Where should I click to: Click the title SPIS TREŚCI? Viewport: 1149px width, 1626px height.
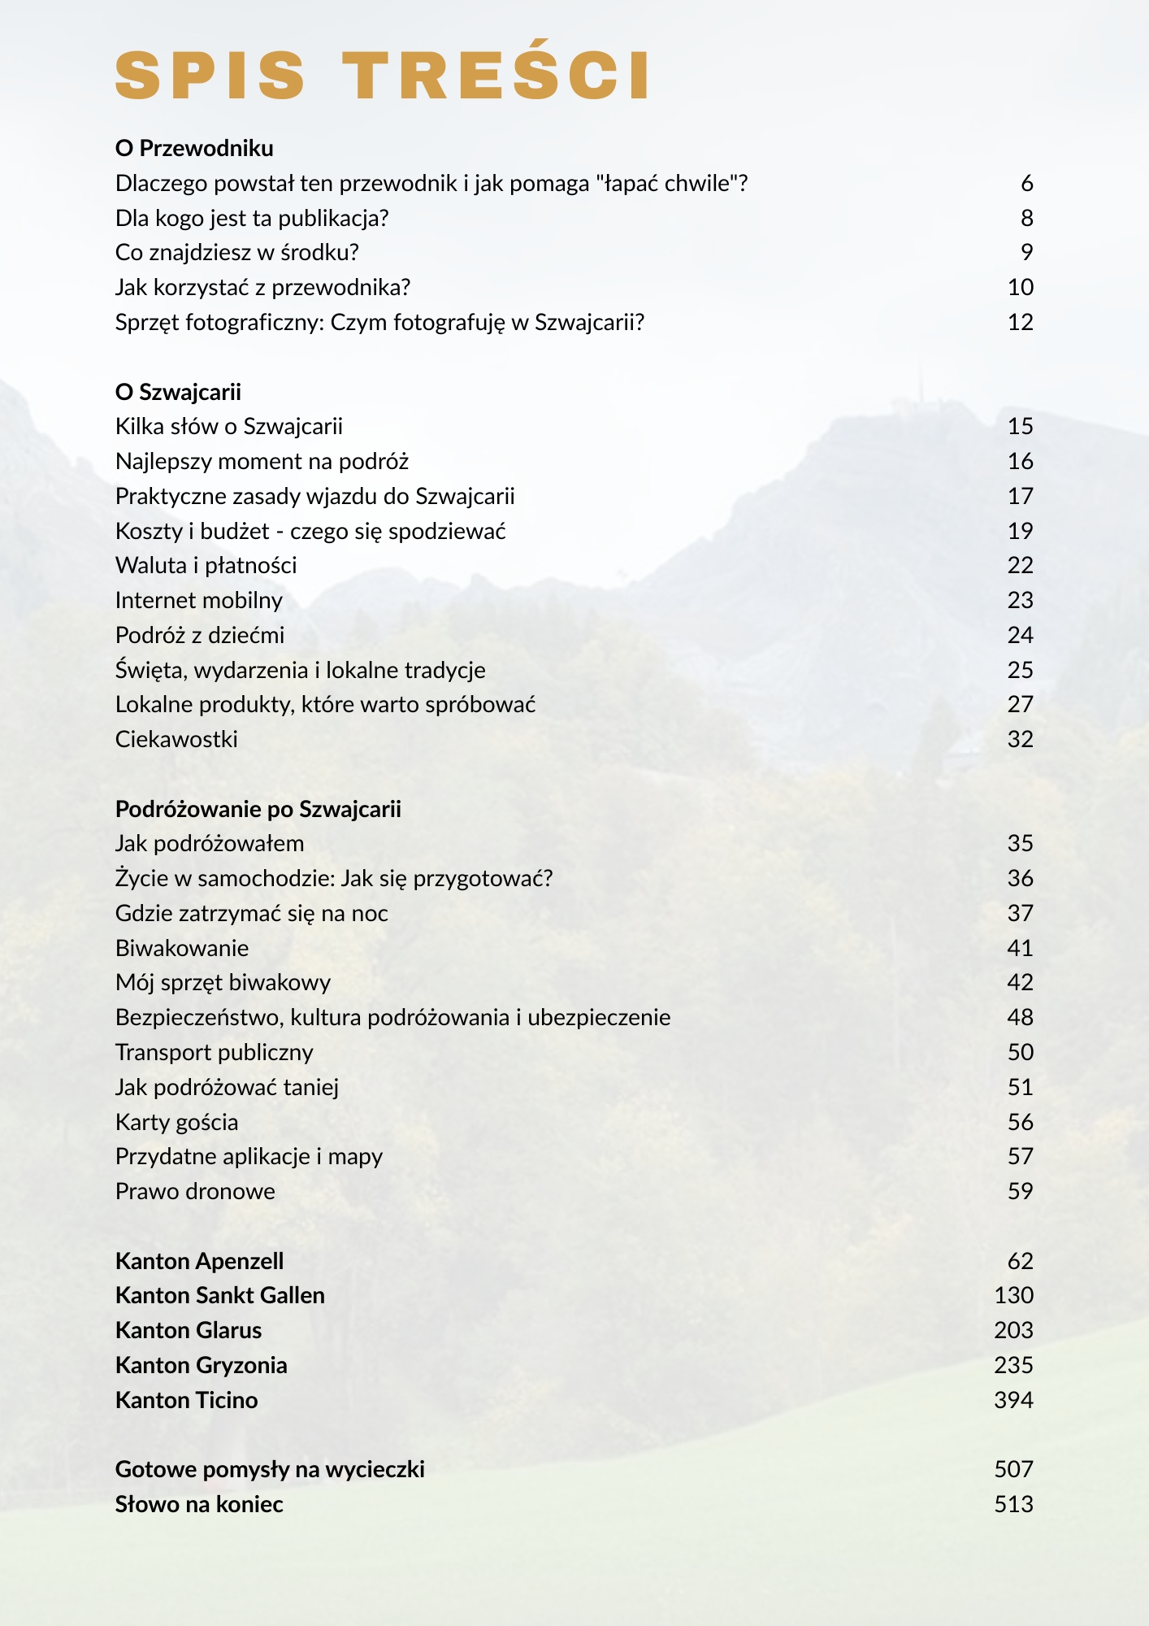(x=382, y=75)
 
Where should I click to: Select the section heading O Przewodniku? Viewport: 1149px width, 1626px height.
(x=194, y=148)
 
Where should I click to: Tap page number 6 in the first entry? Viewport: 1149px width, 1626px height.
(x=1026, y=184)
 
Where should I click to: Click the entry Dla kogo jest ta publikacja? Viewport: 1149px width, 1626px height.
(x=252, y=218)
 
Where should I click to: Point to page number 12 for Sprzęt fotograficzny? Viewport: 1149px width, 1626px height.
(x=1020, y=323)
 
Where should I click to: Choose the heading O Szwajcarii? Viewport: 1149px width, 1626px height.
(x=178, y=392)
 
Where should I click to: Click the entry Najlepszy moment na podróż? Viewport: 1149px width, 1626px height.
(x=262, y=462)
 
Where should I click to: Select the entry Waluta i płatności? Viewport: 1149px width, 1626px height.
(x=206, y=566)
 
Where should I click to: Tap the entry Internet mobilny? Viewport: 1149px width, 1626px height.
(x=199, y=601)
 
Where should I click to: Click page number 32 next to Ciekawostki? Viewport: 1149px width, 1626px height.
(x=1020, y=740)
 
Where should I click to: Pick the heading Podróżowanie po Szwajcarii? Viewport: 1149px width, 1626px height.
(x=258, y=809)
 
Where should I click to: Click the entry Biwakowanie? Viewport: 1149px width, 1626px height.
(x=182, y=948)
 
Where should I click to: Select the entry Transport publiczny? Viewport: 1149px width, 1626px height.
(x=214, y=1053)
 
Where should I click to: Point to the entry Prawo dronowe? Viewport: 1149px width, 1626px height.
(x=195, y=1192)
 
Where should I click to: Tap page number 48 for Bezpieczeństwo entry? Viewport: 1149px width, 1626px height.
(x=1020, y=1018)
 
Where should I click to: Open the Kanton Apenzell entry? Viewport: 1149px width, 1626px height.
(x=199, y=1261)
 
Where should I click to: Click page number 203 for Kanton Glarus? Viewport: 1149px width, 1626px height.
(x=1013, y=1331)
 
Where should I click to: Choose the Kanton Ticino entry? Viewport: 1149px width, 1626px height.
(x=186, y=1400)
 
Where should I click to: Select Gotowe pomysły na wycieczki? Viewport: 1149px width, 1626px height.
(x=270, y=1469)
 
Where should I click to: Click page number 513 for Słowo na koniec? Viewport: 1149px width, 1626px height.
(x=1013, y=1505)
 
